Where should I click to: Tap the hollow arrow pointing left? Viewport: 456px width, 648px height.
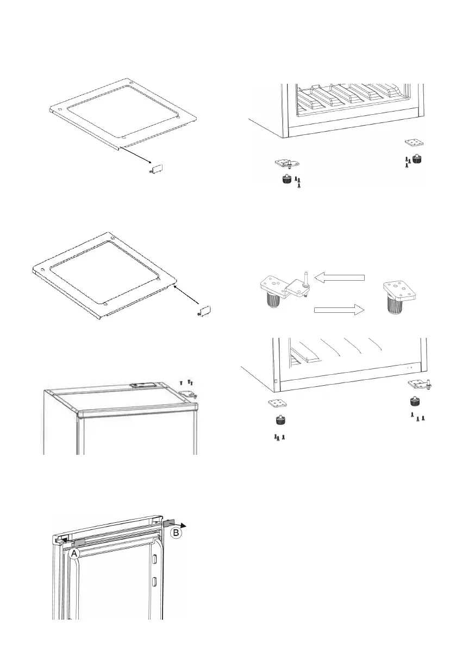(x=340, y=278)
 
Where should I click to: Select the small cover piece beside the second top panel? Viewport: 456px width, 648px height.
(x=204, y=311)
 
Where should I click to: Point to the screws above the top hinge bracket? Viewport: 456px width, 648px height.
(x=186, y=383)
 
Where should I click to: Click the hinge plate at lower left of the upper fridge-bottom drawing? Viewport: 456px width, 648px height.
(x=286, y=163)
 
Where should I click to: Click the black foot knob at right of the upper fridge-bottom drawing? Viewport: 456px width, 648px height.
(x=417, y=159)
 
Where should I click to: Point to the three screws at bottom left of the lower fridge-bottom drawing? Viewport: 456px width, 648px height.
(x=279, y=437)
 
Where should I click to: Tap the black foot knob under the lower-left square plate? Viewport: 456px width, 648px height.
(x=279, y=420)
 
